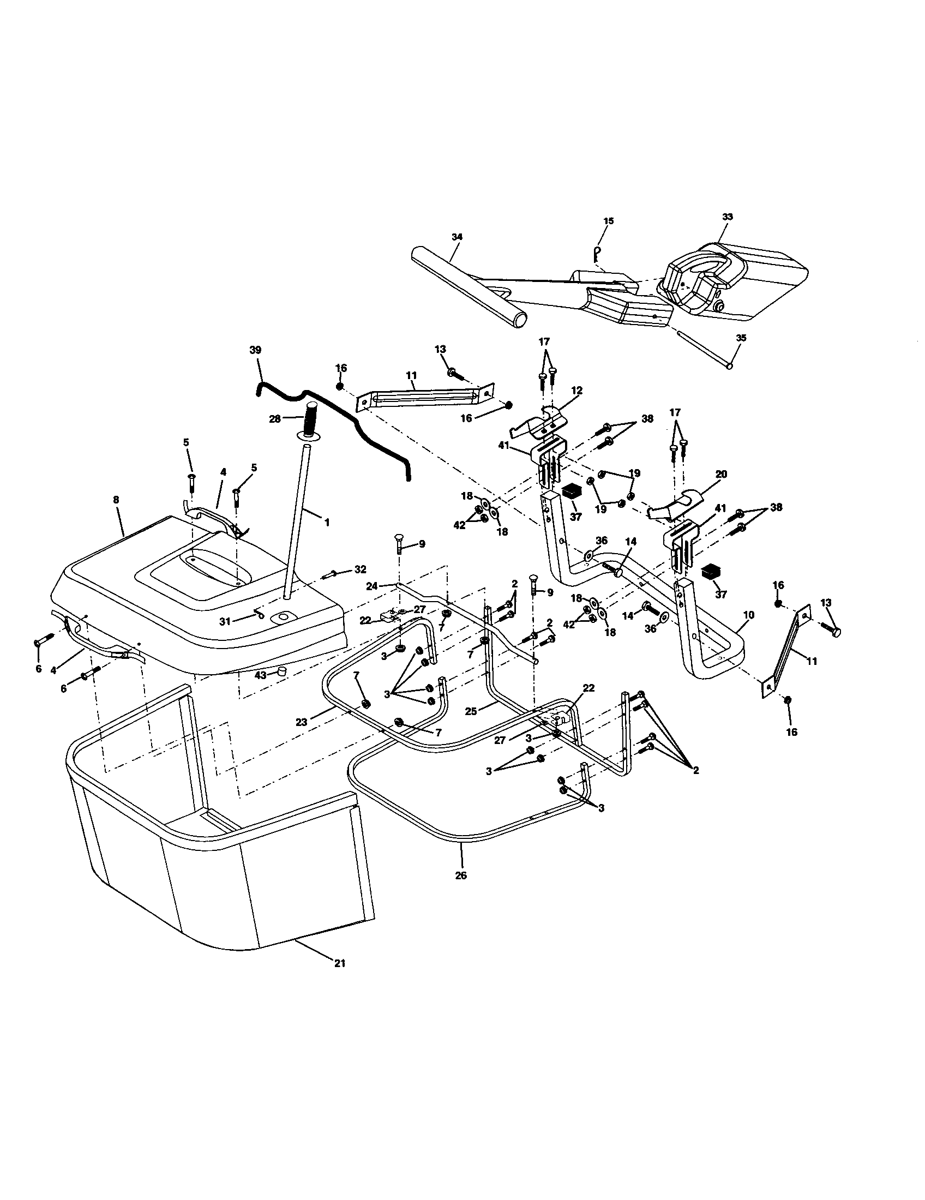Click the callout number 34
(457, 237)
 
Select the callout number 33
(726, 217)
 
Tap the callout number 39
(255, 350)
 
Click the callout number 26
(461, 876)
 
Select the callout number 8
(116, 500)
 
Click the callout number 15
(608, 221)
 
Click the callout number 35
(741, 339)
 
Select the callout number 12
(576, 390)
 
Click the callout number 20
(721, 474)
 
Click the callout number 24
(372, 586)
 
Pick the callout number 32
(360, 569)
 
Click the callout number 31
(225, 621)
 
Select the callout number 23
(301, 723)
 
